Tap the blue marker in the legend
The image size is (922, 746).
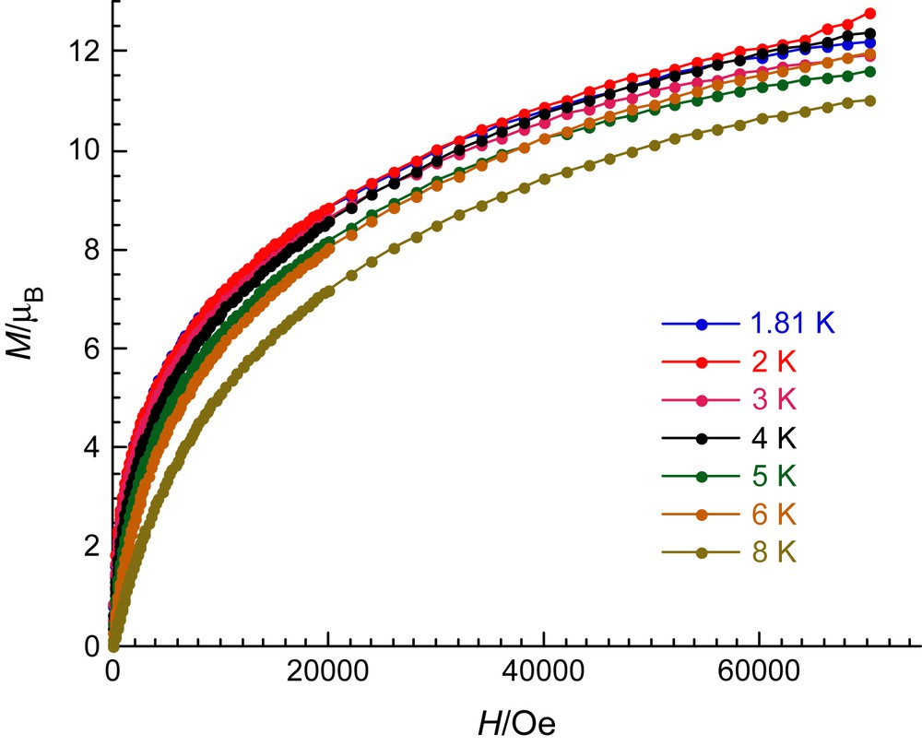point(702,325)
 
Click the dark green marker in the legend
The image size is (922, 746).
point(702,477)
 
